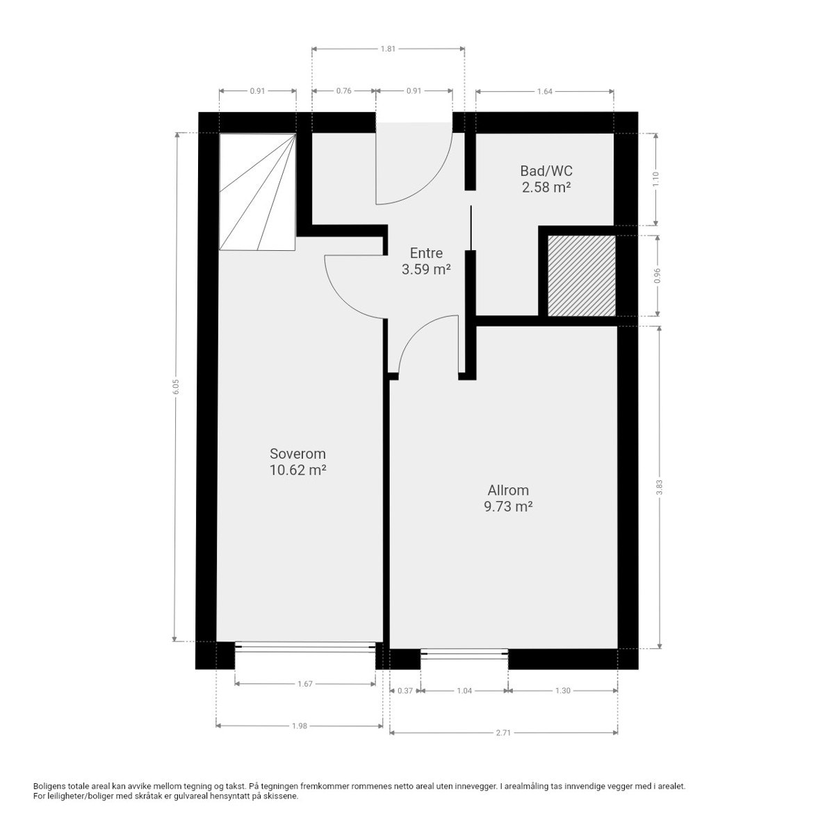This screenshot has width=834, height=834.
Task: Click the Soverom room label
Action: click(297, 454)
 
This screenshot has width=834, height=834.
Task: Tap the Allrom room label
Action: click(508, 490)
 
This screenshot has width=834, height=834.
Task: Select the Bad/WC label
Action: click(546, 170)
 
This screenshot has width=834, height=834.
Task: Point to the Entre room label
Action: click(426, 253)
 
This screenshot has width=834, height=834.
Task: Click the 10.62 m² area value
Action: click(297, 471)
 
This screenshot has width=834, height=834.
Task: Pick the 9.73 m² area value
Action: click(508, 507)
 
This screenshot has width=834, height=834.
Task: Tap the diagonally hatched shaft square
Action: click(581, 275)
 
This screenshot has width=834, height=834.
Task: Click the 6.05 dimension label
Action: click(177, 386)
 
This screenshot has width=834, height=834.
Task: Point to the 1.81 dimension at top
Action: click(388, 49)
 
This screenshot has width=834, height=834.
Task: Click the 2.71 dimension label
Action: click(503, 733)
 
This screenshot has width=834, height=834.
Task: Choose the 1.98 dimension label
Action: click(299, 726)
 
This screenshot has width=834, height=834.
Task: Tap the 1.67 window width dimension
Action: click(305, 684)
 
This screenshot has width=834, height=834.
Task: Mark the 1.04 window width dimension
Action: click(464, 691)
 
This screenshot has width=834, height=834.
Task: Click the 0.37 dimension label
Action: click(405, 691)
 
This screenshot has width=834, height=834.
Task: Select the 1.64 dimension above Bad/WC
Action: click(544, 91)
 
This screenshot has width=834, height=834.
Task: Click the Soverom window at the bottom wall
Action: click(306, 646)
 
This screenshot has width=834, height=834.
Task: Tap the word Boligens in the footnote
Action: click(51, 786)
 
